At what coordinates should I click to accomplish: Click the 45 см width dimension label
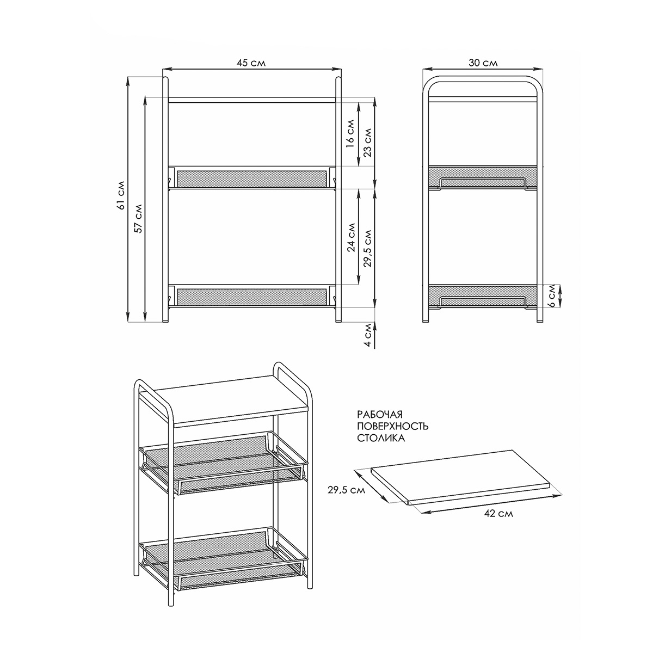click(x=251, y=63)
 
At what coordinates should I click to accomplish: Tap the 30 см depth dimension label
click(x=483, y=63)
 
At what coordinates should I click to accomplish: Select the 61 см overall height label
click(x=121, y=195)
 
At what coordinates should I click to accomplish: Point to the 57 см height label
click(x=138, y=218)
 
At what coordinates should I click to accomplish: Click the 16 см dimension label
click(x=350, y=133)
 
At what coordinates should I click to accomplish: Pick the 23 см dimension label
click(x=367, y=143)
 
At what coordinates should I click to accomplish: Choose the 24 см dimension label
click(x=351, y=237)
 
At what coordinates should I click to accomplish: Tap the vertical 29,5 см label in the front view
click(x=368, y=248)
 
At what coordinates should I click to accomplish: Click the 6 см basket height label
click(x=552, y=296)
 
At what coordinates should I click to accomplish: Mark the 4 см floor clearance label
click(x=368, y=335)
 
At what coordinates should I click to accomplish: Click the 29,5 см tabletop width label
click(x=346, y=490)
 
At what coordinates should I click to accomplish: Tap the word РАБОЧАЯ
click(x=380, y=415)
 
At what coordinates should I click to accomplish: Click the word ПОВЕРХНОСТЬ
click(x=393, y=426)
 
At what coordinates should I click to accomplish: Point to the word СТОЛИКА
click(x=381, y=438)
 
